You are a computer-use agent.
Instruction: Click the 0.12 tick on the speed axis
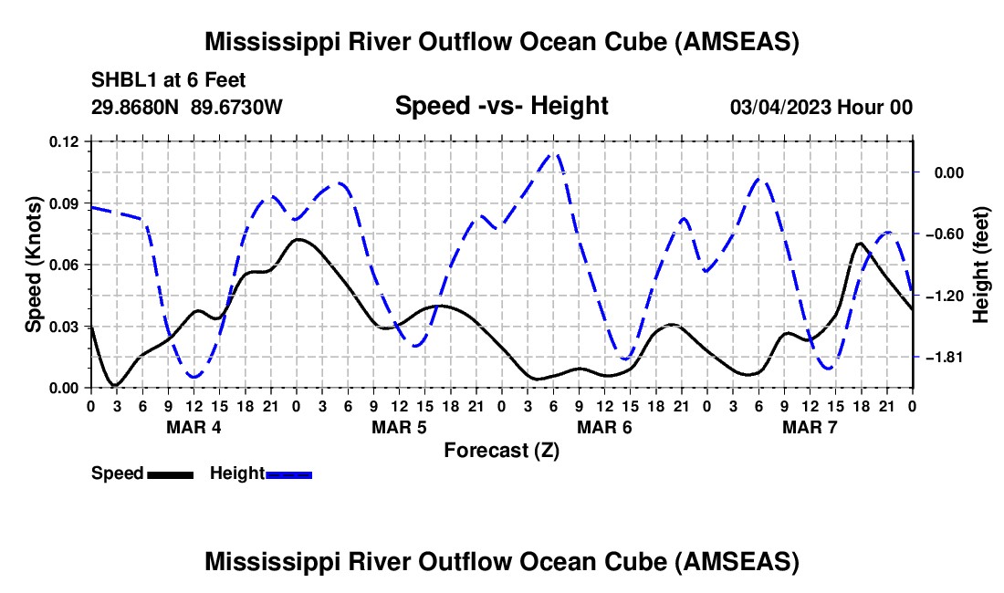point(64,141)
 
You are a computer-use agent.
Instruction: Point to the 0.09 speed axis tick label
point(64,203)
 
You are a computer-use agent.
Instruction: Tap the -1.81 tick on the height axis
point(945,357)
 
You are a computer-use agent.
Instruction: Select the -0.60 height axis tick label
point(945,234)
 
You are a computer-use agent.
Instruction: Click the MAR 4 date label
point(193,427)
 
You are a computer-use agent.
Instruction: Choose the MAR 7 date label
point(810,427)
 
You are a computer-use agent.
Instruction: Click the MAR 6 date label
point(604,427)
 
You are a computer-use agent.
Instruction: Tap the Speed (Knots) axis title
point(33,265)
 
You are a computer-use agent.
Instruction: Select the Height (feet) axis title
point(981,265)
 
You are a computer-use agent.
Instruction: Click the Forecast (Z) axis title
point(501,451)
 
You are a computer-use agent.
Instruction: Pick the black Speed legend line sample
point(171,474)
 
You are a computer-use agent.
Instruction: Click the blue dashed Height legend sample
point(288,474)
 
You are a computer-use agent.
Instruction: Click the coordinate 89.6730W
point(236,107)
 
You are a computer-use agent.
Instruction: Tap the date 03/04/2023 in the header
point(779,107)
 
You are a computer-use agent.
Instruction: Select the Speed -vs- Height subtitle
point(501,106)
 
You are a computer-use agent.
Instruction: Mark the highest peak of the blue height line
point(555,153)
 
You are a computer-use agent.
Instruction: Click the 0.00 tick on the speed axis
point(64,389)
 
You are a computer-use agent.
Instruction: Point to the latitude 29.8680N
point(135,107)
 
